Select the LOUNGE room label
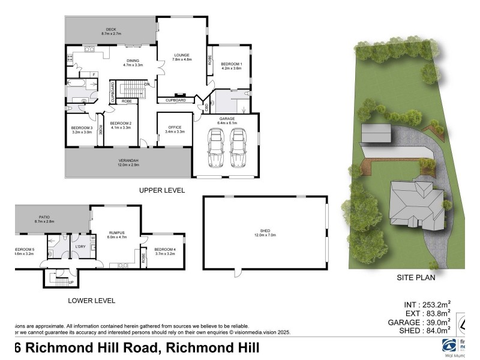point(182,55)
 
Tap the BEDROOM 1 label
point(231,64)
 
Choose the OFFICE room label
point(175,127)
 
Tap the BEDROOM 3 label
point(82,128)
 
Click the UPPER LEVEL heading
point(161,190)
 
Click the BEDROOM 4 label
point(164,249)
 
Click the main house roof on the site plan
point(414,204)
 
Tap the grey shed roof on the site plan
point(376,133)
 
